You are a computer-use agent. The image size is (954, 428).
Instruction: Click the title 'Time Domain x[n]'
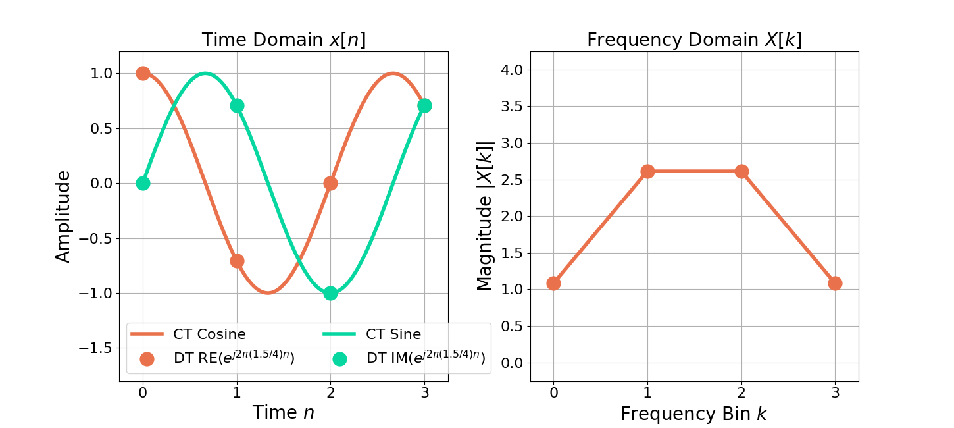click(x=284, y=40)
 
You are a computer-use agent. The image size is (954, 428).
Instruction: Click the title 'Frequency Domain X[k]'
click(x=694, y=40)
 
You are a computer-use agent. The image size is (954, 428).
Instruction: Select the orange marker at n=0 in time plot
click(x=143, y=73)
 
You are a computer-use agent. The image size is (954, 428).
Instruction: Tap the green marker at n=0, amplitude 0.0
click(x=143, y=183)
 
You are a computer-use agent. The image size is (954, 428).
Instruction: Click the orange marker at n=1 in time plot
click(x=237, y=261)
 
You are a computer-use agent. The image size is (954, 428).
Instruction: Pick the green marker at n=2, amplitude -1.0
click(x=330, y=293)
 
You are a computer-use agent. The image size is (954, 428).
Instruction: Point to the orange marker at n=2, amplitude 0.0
click(x=330, y=183)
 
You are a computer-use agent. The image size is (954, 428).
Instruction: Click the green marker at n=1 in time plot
click(x=237, y=105)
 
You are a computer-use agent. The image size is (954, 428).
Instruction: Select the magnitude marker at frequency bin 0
click(x=553, y=283)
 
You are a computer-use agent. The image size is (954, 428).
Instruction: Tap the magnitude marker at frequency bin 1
click(x=647, y=171)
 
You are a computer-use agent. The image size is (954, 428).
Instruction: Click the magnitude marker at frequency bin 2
click(x=741, y=171)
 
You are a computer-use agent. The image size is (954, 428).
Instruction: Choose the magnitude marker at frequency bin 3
click(x=835, y=283)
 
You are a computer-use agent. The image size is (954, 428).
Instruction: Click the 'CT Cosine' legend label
click(x=209, y=334)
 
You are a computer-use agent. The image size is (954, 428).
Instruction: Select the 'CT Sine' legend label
click(x=393, y=334)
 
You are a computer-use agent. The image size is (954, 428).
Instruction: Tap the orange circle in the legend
click(x=147, y=359)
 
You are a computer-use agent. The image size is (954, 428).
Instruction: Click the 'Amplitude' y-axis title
click(x=63, y=216)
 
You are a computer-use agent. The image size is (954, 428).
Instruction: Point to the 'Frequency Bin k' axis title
click(x=694, y=414)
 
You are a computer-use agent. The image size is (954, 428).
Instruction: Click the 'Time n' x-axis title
click(x=284, y=412)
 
